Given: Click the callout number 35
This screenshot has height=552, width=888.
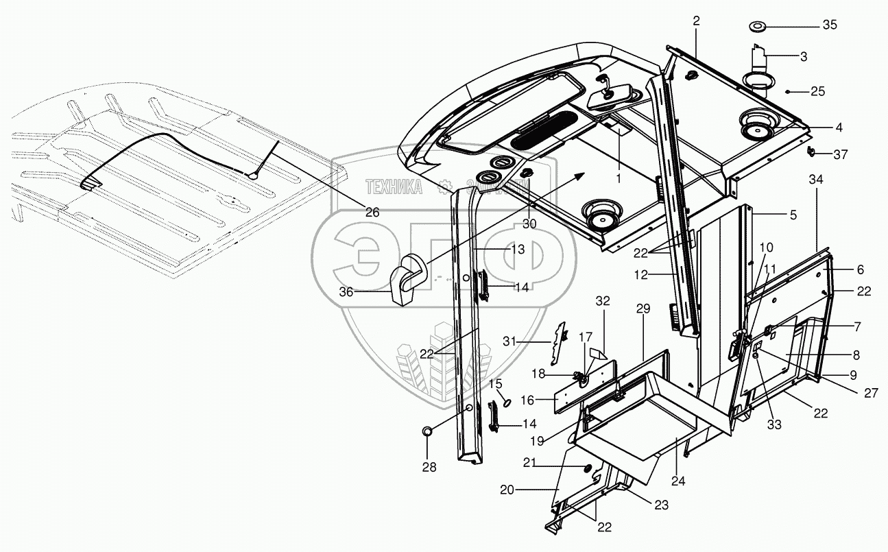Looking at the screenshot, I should click(x=830, y=25).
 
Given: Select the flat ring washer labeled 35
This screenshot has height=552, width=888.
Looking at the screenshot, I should click(x=758, y=27).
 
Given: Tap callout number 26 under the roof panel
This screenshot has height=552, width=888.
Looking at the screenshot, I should click(x=372, y=212).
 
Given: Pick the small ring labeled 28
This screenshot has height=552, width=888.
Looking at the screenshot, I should click(x=427, y=431).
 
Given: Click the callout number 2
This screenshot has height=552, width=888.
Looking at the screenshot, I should click(x=696, y=21).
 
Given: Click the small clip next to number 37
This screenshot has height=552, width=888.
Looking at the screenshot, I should click(x=810, y=151).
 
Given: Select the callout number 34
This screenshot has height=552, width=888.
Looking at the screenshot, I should click(x=816, y=180).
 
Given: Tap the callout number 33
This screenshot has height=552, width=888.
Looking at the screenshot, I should click(x=774, y=425).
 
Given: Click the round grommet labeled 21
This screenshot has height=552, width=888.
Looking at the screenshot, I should click(x=588, y=468).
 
